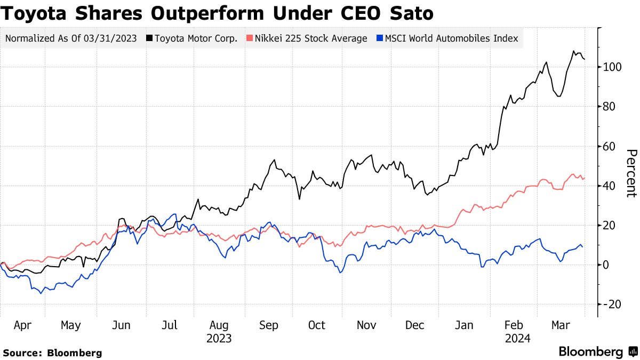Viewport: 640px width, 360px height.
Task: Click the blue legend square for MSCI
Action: pos(380,38)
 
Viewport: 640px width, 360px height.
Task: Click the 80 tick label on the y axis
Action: pos(610,107)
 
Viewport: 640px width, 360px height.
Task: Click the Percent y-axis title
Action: pos(630,173)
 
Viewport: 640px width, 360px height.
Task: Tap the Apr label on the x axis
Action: pos(22,325)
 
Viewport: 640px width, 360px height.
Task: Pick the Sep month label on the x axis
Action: pos(268,325)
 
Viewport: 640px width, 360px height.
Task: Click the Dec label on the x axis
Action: pos(415,325)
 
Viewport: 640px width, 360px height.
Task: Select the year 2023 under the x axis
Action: pos(219,339)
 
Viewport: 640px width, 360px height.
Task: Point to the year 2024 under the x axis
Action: pos(517,339)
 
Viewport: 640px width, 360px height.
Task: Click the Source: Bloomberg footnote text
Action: pos(52,353)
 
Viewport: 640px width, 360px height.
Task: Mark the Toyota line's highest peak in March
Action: pos(574,51)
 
